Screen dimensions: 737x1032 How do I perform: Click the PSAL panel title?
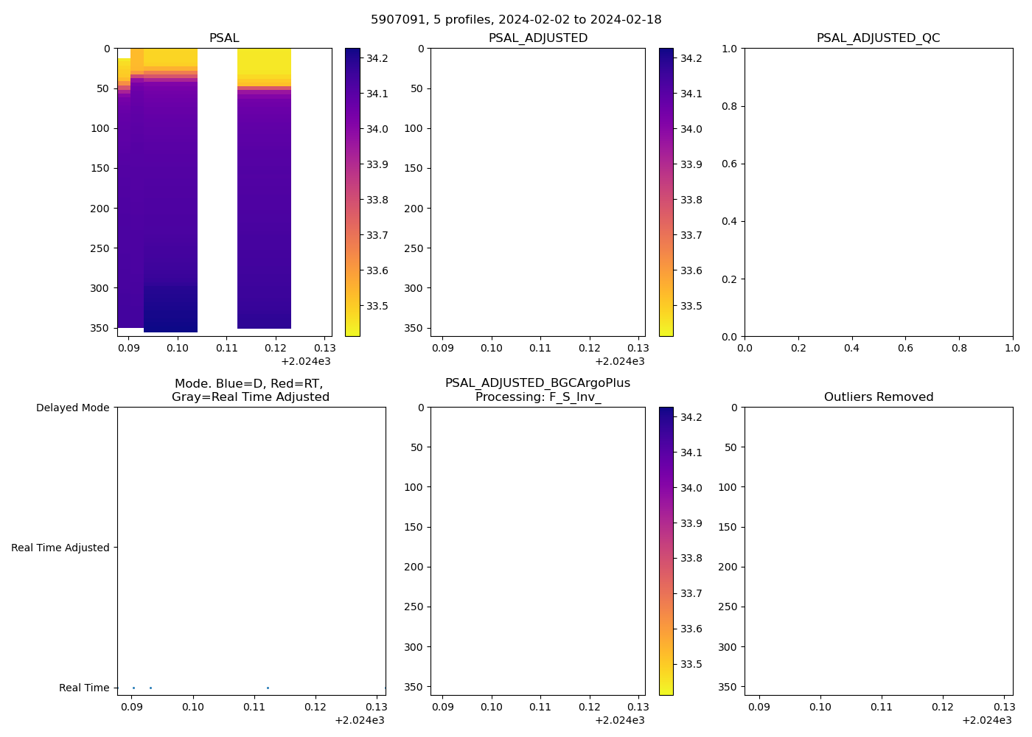point(224,38)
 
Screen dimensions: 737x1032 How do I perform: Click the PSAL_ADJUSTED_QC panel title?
point(878,38)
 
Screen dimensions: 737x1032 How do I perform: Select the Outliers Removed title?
point(878,397)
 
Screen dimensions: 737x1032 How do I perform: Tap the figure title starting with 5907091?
point(516,20)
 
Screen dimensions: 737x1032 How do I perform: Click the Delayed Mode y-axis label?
point(72,408)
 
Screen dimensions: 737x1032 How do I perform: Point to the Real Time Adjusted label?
point(60,548)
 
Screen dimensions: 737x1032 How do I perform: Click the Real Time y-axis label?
point(84,688)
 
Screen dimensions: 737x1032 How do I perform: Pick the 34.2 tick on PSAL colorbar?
point(377,58)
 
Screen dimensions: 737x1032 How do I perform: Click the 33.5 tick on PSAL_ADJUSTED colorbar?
point(691,306)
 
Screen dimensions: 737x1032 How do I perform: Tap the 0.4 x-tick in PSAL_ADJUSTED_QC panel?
point(852,347)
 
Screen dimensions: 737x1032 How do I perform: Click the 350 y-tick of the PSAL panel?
point(100,328)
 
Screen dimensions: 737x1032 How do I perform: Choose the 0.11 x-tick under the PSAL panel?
point(226,347)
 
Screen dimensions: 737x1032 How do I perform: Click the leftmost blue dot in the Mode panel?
point(133,688)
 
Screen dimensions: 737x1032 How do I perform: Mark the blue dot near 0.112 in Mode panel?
point(268,688)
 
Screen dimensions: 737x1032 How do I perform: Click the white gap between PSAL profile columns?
point(217,184)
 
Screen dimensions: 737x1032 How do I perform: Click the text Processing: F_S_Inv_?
point(537,397)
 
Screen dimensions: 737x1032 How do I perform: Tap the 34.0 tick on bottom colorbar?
point(691,488)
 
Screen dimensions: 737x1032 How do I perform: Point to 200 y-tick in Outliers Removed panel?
point(728,567)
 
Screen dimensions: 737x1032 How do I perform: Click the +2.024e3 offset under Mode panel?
point(359,720)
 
